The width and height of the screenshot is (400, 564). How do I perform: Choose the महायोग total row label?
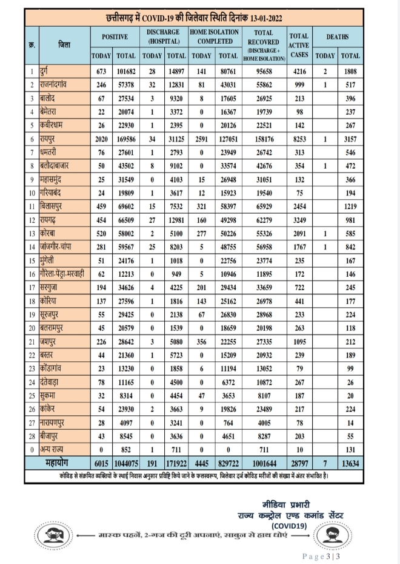pyautogui.click(x=56, y=464)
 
